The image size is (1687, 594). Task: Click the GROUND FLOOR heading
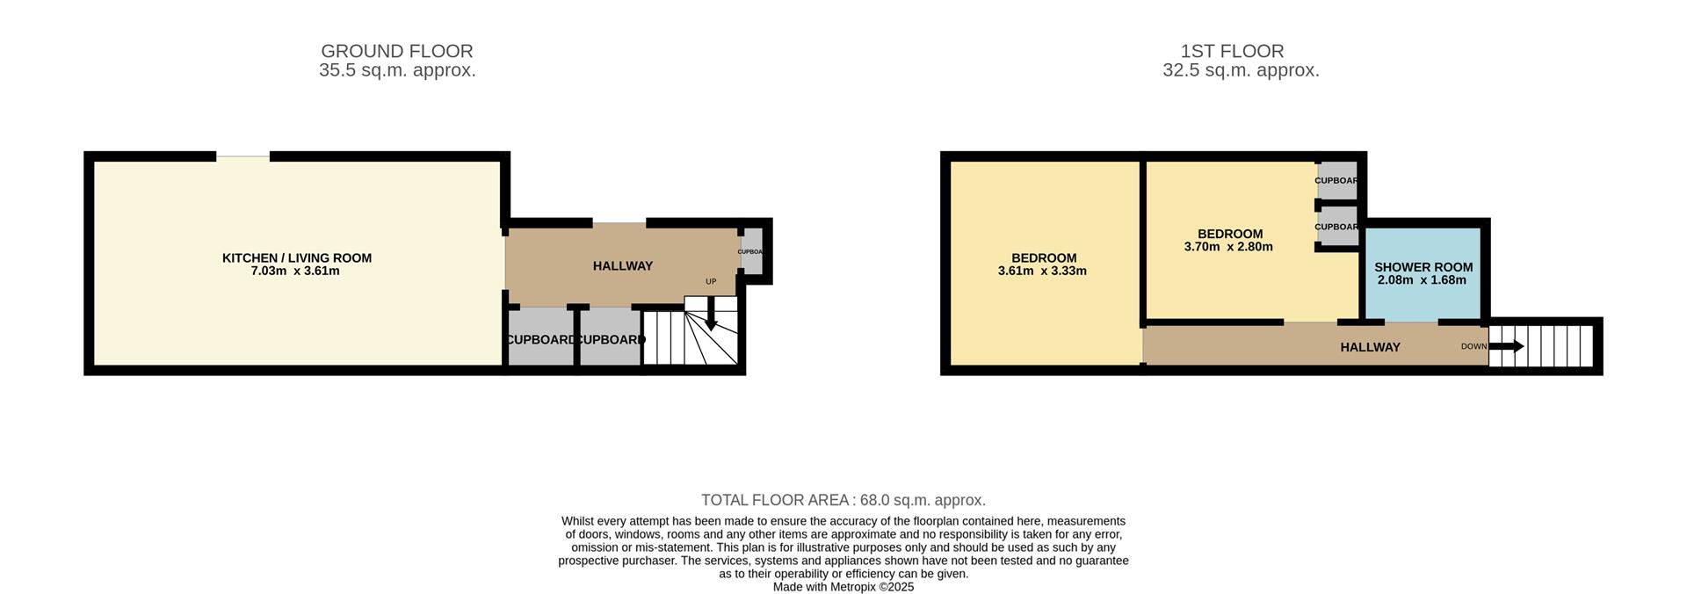pos(396,51)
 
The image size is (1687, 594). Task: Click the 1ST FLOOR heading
pos(1232,51)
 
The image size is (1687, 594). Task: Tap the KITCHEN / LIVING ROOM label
pos(296,257)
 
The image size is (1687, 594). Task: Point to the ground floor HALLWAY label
pos(622,265)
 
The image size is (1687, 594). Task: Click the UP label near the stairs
pos(711,281)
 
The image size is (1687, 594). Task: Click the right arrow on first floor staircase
pos(1508,346)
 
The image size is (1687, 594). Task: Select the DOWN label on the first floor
pos(1473,346)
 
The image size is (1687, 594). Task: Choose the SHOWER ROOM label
pos(1423,267)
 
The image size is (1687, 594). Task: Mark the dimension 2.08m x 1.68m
pos(1422,280)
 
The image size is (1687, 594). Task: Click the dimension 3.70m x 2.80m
pos(1228,247)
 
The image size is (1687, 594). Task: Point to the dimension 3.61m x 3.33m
pos(1042,271)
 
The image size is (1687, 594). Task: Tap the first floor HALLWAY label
pos(1370,347)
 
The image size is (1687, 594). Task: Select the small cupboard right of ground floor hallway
pos(752,251)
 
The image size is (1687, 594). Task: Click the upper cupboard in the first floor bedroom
pos(1336,180)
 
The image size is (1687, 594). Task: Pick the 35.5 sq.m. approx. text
pos(397,70)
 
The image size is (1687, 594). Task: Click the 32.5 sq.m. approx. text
pos(1241,70)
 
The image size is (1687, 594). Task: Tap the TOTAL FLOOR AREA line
pos(843,500)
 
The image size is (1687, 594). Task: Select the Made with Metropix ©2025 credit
pos(843,587)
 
